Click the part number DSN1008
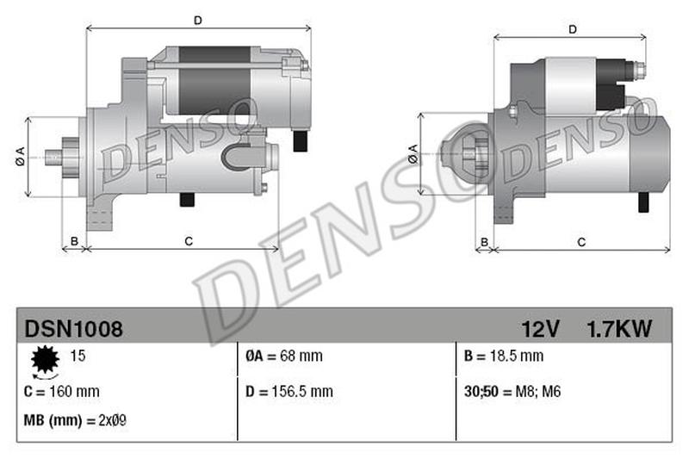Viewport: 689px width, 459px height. tap(73, 328)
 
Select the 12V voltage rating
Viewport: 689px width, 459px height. tap(540, 328)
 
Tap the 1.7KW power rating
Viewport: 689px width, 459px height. tap(618, 328)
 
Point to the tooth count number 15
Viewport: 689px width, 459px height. tap(78, 355)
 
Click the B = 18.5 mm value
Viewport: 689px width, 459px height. tap(504, 356)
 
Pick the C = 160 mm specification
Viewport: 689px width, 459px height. tap(62, 391)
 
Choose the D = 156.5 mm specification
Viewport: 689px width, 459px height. tap(289, 391)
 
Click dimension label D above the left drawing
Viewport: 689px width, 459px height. tap(197, 20)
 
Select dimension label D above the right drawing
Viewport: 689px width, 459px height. tap(572, 29)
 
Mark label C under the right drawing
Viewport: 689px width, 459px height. tap(581, 241)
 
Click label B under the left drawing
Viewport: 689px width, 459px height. tap(75, 240)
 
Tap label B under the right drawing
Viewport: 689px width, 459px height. tap(485, 241)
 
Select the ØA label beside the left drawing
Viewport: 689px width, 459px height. tap(19, 158)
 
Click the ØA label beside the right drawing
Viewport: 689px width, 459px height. tap(413, 155)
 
